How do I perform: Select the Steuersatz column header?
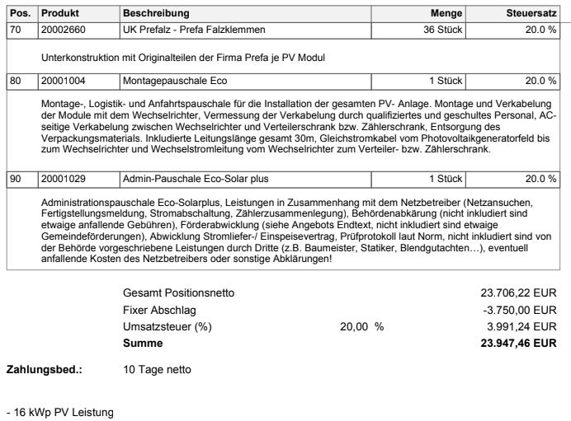531,13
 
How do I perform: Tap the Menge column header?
446,13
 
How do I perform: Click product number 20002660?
64,30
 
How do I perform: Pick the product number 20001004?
64,81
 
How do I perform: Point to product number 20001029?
64,179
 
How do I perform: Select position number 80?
14,81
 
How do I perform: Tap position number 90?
14,179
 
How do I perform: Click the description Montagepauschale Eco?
174,81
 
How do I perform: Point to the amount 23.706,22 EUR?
519,292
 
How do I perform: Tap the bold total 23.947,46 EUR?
518,342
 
